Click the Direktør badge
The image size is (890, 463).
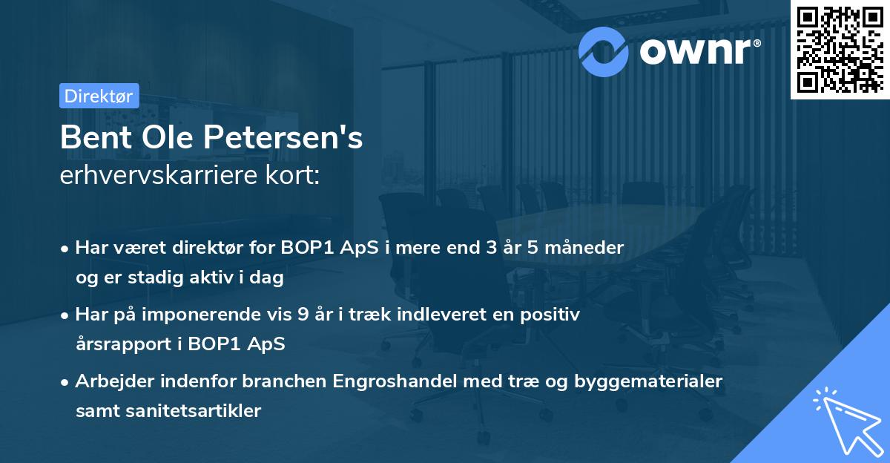(x=98, y=96)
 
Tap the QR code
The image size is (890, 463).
(x=838, y=50)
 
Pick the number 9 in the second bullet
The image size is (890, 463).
(x=301, y=315)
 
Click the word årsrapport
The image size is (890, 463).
(x=117, y=344)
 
